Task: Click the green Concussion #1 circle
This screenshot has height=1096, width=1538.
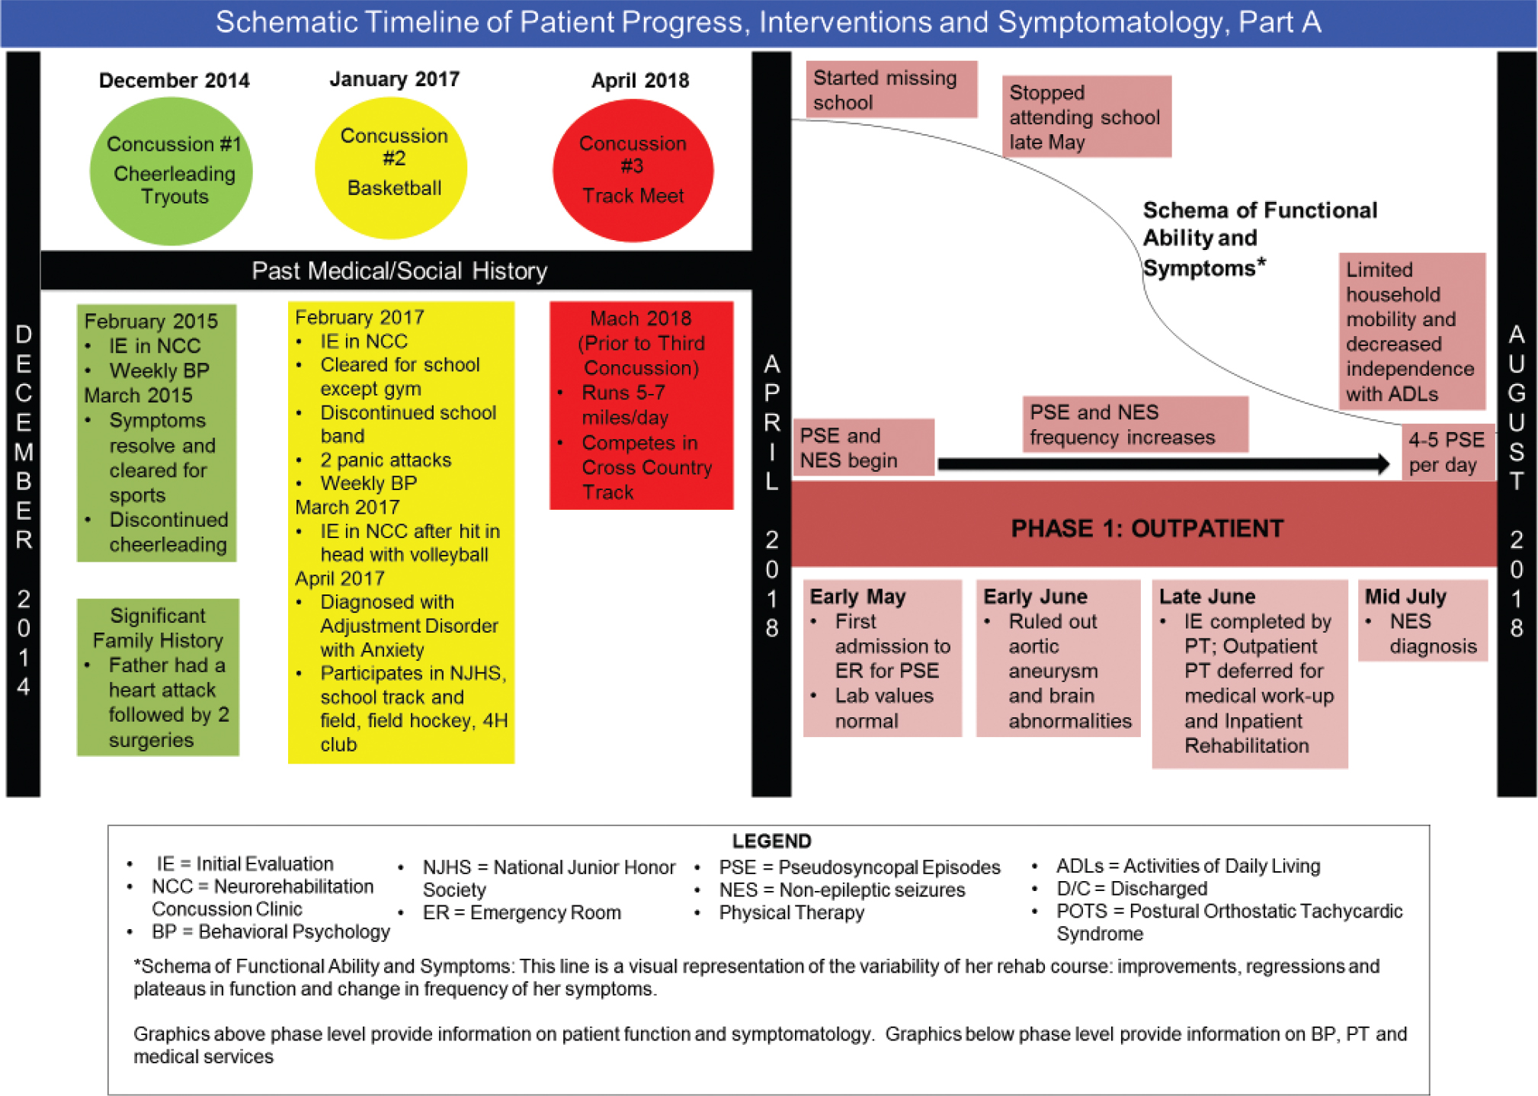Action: pos(171,171)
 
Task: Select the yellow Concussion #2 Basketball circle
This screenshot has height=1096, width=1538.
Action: pos(392,168)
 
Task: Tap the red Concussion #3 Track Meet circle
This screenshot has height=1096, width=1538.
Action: pos(633,171)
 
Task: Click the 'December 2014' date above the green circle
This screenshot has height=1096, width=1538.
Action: pos(175,80)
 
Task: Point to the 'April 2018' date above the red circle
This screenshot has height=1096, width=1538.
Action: pos(640,80)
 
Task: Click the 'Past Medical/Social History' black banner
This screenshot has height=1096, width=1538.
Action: pos(396,271)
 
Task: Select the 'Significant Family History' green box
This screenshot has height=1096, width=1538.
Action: pos(158,677)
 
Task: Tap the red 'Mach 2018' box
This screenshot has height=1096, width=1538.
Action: pos(641,405)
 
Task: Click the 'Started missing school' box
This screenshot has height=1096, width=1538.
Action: pos(892,90)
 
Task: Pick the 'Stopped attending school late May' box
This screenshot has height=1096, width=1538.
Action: pos(1086,117)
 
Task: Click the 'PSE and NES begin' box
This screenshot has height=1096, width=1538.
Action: pos(864,447)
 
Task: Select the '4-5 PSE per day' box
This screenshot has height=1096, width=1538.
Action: pos(1447,452)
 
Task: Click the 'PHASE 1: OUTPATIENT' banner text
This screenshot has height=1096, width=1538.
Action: pos(1147,528)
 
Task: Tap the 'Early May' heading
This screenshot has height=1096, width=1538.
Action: pos(857,596)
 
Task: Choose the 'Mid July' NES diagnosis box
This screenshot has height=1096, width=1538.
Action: pos(1422,620)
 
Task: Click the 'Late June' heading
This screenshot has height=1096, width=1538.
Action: pos(1207,596)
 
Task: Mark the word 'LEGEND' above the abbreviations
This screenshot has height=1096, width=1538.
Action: pos(771,841)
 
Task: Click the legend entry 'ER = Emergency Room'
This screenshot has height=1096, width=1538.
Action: pos(522,912)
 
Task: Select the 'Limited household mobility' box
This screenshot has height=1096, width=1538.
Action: pos(1412,332)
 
